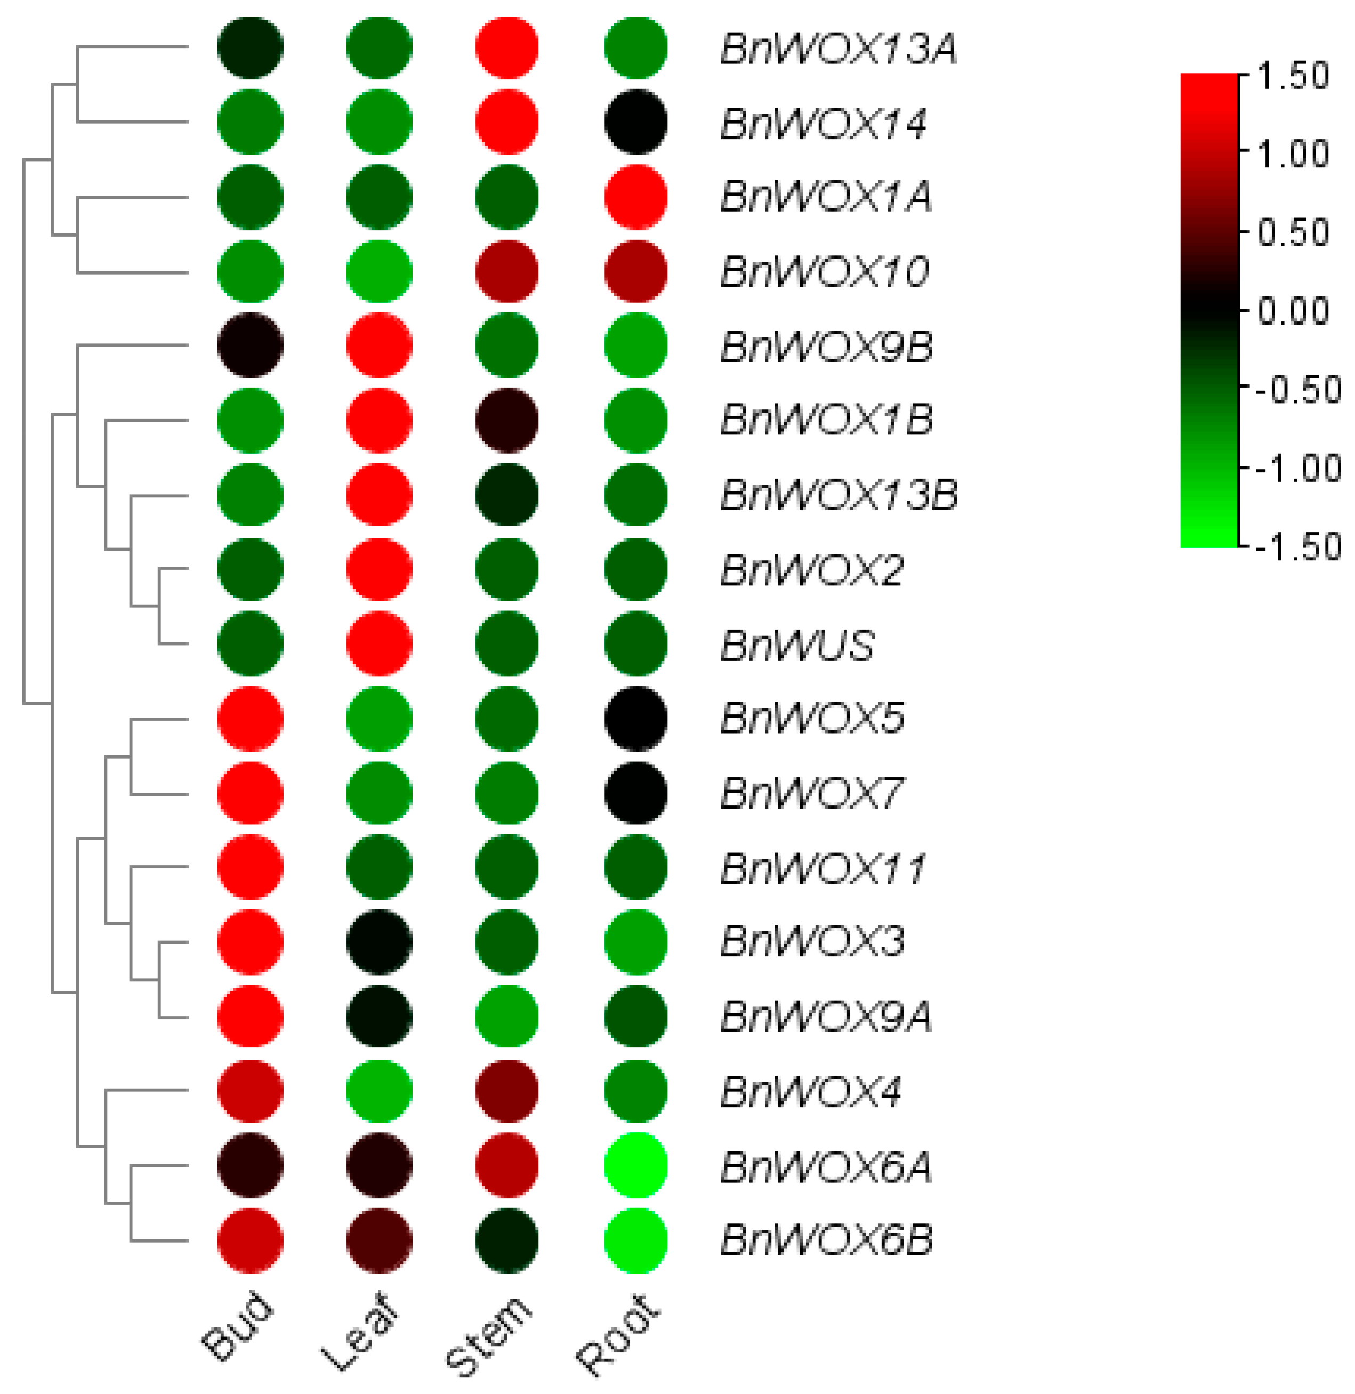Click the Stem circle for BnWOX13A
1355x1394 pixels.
[507, 47]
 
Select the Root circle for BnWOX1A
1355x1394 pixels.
[635, 197]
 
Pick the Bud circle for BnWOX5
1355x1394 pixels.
[251, 719]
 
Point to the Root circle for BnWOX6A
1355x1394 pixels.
[635, 1166]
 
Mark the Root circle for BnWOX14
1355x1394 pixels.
[635, 122]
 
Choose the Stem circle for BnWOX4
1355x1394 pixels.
[507, 1090]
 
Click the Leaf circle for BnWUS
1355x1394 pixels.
[380, 643]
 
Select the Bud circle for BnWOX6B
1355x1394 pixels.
[251, 1240]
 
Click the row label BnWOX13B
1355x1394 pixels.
[839, 495]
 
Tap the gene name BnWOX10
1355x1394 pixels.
[824, 272]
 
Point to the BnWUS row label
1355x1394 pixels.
[797, 644]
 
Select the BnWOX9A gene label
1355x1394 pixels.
[826, 1016]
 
